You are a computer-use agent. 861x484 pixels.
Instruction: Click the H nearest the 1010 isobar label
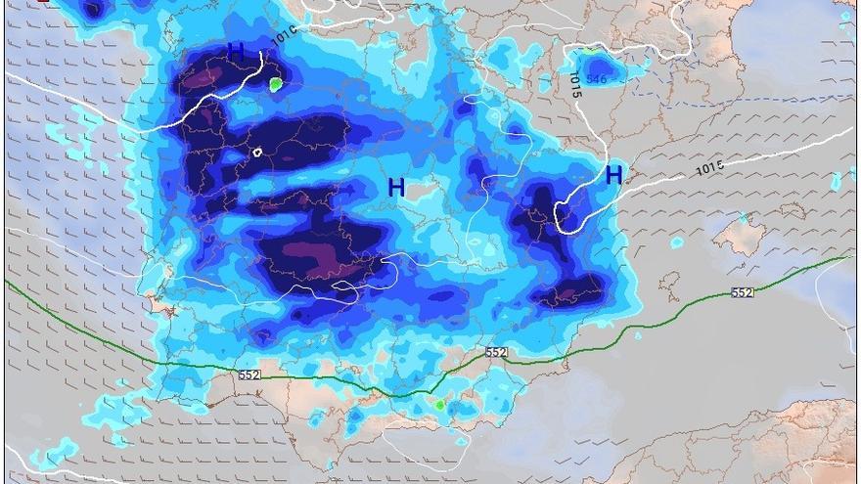(x=236, y=52)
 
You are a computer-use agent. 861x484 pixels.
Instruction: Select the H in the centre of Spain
(x=396, y=188)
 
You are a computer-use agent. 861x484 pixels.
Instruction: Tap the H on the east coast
(x=613, y=176)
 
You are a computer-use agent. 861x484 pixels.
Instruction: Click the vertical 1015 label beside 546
(x=574, y=84)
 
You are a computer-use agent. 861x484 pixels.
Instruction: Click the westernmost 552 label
(x=249, y=374)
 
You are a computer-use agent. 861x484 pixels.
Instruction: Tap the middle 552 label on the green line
(x=496, y=352)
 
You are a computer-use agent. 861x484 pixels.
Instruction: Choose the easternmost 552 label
(x=743, y=293)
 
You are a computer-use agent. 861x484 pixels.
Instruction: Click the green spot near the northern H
(x=276, y=85)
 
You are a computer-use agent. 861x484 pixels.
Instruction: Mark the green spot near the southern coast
(x=440, y=404)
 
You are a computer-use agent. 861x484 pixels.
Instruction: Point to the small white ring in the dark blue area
(x=257, y=152)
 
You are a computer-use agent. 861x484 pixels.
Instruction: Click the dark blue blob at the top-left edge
(x=93, y=10)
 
